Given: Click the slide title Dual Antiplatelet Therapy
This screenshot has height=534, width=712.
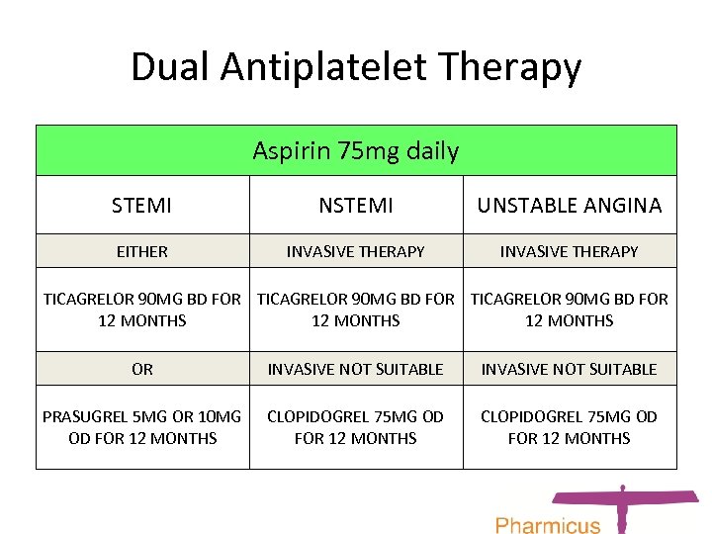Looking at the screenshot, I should click(x=356, y=67).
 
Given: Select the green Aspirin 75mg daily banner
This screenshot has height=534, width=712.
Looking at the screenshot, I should click(x=356, y=151).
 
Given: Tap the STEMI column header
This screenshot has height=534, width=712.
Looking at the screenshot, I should click(x=142, y=206).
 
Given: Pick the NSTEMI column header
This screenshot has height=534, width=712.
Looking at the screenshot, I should click(x=356, y=206).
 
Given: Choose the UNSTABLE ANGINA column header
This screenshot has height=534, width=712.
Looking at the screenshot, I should click(x=570, y=206).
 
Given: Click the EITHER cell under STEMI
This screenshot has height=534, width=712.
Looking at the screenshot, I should click(x=142, y=251).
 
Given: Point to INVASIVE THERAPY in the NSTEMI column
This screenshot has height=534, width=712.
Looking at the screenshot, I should click(x=356, y=251).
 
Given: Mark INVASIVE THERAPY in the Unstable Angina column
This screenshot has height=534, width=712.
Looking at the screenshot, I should click(x=570, y=251).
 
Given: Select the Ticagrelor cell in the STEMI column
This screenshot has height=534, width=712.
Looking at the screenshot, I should click(x=142, y=310).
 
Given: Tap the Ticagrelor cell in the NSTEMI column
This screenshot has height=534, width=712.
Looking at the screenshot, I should click(x=356, y=310).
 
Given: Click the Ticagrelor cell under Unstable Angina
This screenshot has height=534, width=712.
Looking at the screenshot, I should click(x=570, y=310).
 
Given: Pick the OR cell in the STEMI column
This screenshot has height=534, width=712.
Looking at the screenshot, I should click(x=142, y=369).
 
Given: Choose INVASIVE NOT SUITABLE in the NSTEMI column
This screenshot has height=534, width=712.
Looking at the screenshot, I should click(x=356, y=369).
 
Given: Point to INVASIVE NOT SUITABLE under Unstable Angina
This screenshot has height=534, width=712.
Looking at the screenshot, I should click(x=570, y=369).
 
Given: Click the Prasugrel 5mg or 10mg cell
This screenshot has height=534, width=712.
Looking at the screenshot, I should click(x=142, y=427).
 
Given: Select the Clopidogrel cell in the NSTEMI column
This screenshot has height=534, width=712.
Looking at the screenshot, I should click(x=356, y=427).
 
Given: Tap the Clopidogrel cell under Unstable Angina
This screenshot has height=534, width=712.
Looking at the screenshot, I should click(x=570, y=427).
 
